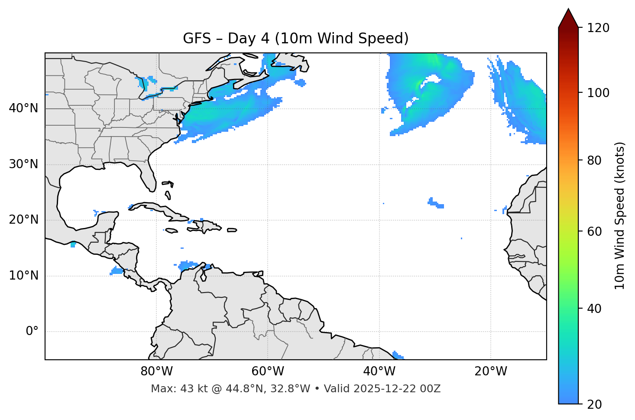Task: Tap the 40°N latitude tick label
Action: coord(23,108)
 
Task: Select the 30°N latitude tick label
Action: coord(23,164)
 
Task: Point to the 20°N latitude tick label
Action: coord(23,220)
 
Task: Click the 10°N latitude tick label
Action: coord(23,276)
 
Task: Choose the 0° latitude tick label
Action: coord(32,332)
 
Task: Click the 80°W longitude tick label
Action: coord(156,371)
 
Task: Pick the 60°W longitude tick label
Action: coord(268,371)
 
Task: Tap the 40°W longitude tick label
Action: coord(379,371)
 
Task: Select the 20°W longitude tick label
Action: coord(490,371)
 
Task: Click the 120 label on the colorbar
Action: coord(598,28)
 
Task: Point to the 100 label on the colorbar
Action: coord(598,93)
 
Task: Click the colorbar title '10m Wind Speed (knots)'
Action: coord(619,215)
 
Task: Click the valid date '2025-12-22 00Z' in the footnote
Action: coord(397,389)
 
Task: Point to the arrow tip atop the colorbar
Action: coord(568,10)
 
